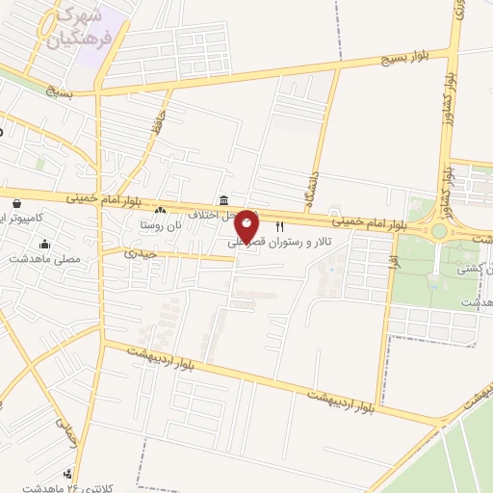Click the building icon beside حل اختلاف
click(x=224, y=200)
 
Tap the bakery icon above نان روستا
click(x=161, y=211)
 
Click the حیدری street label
click(x=141, y=253)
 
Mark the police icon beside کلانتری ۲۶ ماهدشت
click(x=66, y=474)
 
